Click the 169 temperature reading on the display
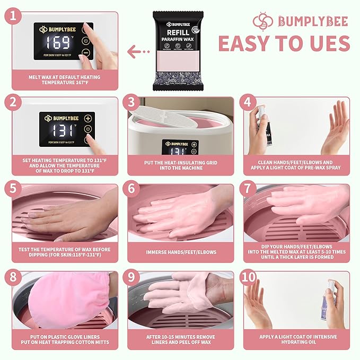[x=57, y=42]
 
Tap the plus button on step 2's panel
[x=87, y=118]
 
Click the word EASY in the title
[x=252, y=43]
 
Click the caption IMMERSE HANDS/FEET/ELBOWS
[x=180, y=252]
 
